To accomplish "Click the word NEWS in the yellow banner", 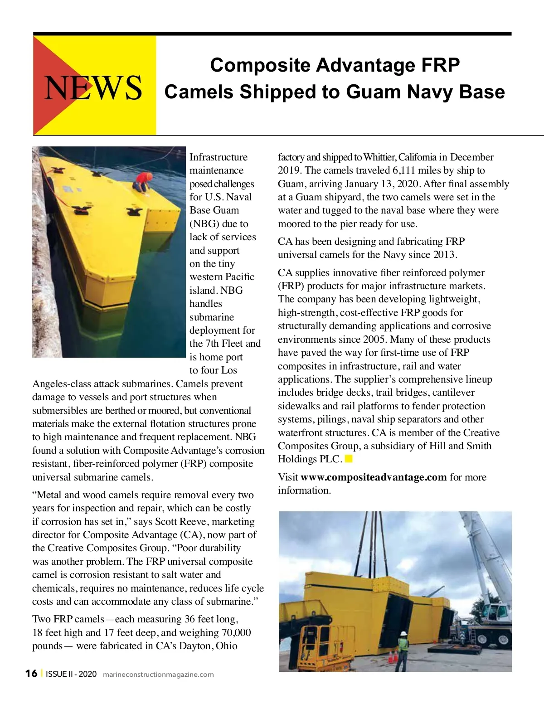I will pos(93,87).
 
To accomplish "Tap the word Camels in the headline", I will pos(199,92).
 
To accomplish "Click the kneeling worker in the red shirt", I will pos(143,181).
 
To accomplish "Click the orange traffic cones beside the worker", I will pos(393,656).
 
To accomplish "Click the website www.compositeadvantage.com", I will pos(374,477).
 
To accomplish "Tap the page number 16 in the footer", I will pos(31,674).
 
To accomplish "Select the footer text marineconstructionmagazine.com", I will pos(158,675).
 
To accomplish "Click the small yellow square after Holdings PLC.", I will pos(349,459).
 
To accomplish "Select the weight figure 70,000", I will pos(236,632).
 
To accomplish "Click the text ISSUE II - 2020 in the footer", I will pos(71,674).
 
